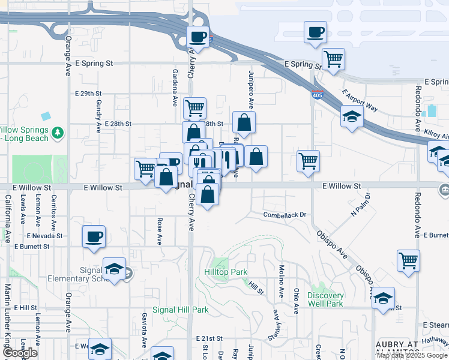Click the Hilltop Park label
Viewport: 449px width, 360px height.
(226, 272)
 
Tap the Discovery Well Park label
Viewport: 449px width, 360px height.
(325, 299)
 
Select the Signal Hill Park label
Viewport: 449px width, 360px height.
(180, 310)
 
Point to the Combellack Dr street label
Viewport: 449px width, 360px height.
(285, 214)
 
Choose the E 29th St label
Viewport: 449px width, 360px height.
(88, 94)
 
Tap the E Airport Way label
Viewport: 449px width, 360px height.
(360, 101)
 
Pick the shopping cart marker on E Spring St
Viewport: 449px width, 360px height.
(333, 59)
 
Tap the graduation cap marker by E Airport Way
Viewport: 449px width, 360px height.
(352, 116)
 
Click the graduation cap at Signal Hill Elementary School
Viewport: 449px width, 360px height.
(114, 268)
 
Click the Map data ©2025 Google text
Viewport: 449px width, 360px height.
(412, 355)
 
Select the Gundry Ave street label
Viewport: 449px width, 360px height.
(98, 116)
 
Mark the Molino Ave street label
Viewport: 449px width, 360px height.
(281, 281)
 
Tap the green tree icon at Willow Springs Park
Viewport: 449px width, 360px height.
(58, 132)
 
